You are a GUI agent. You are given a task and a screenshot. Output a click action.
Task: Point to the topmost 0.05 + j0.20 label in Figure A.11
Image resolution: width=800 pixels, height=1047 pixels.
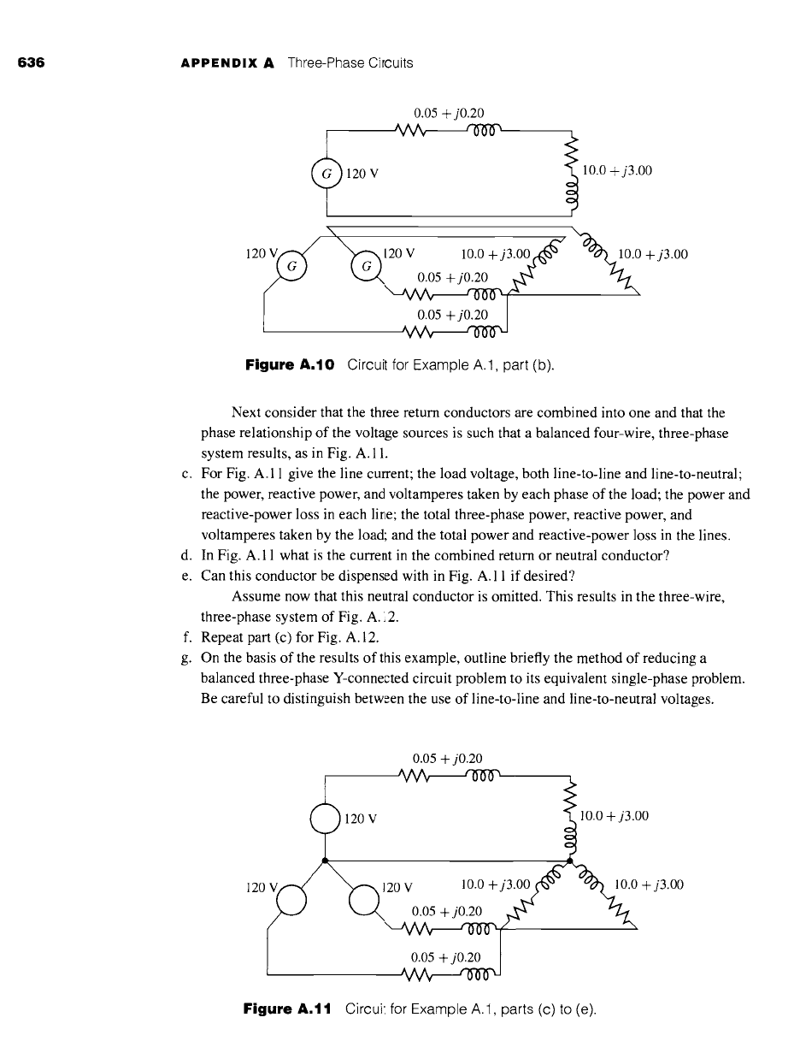pyautogui.click(x=447, y=757)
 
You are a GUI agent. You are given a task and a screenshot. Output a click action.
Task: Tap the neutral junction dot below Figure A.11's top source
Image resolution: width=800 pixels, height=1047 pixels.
pyautogui.click(x=326, y=858)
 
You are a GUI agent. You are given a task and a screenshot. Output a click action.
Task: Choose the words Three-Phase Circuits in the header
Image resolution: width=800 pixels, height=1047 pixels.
pyautogui.click(x=350, y=63)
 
